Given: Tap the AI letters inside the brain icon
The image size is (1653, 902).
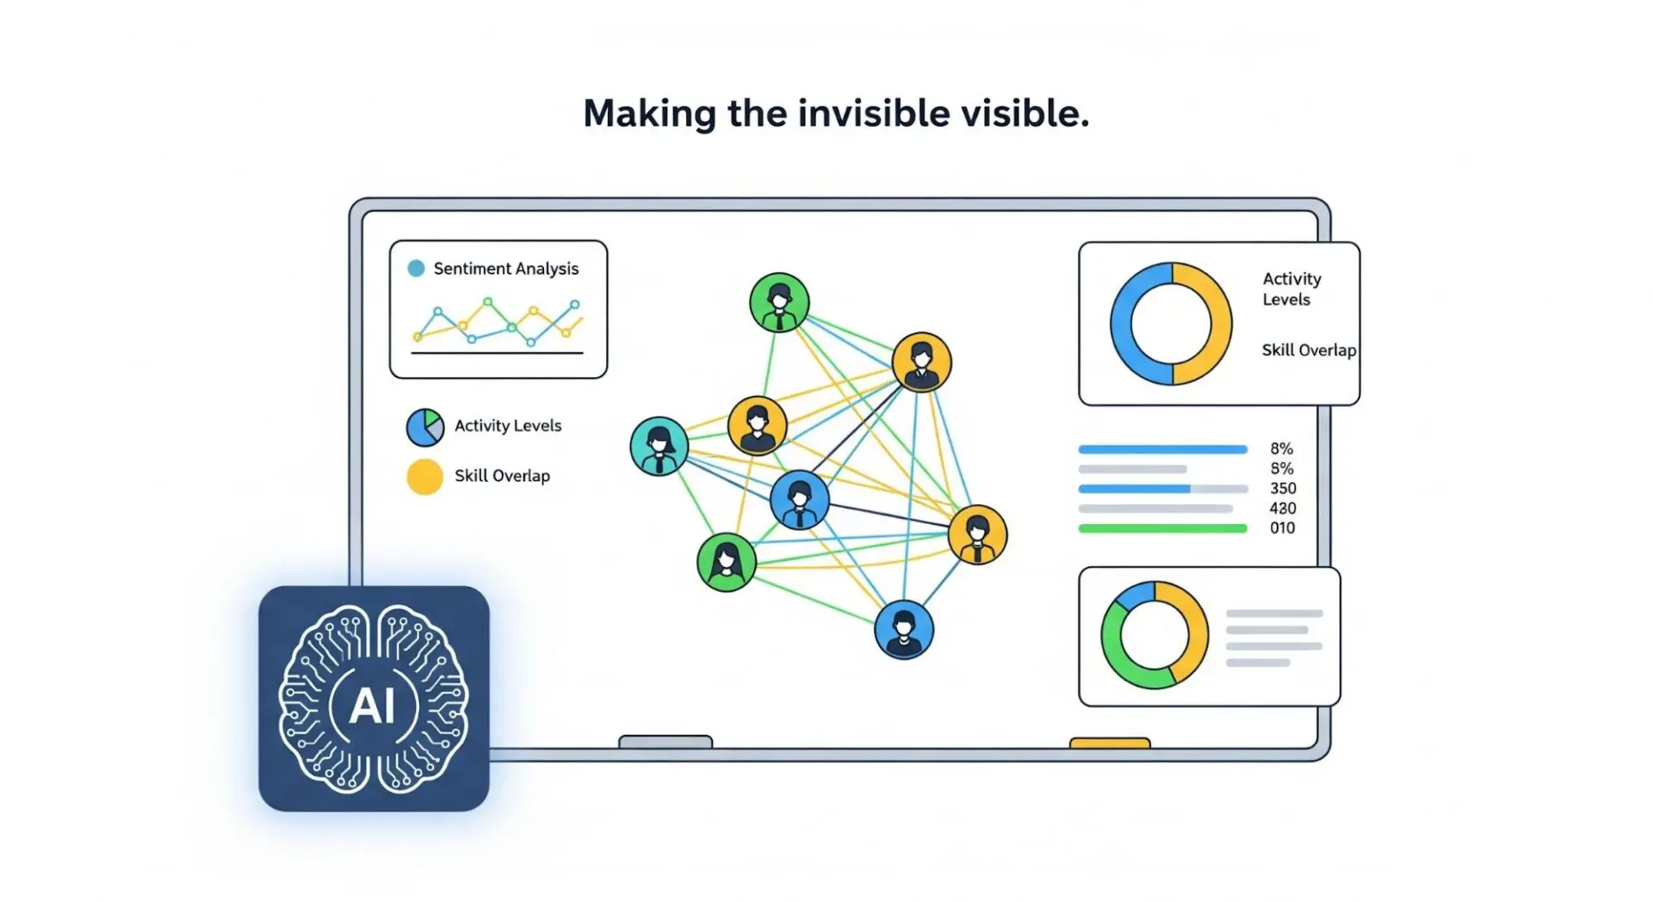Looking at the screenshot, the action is tap(373, 706).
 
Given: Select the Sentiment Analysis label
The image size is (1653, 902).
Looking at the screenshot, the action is tap(506, 269).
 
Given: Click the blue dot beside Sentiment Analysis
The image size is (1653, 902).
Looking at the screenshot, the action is tap(416, 269).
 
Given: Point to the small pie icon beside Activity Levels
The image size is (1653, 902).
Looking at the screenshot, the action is tap(425, 427).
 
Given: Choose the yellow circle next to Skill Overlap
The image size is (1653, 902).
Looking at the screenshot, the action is tap(424, 477).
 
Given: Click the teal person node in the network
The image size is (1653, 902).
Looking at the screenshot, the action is tap(659, 446).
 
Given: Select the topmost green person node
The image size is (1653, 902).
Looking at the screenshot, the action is tap(779, 302).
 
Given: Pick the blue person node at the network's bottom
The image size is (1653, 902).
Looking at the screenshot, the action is tap(904, 629).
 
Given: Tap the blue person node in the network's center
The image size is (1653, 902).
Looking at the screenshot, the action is tap(800, 499).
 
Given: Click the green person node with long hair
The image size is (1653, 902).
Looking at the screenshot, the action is tap(727, 562).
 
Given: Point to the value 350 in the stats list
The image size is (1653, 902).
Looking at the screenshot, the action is tap(1283, 488).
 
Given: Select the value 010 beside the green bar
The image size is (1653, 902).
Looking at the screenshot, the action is tap(1283, 528).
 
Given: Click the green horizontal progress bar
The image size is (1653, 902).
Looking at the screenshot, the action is tap(1163, 528).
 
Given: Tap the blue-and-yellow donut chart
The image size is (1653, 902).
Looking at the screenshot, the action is tap(1171, 324).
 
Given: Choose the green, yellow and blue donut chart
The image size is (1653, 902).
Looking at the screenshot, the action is tap(1155, 635).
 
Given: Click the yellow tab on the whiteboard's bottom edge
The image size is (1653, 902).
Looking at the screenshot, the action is tap(1110, 743).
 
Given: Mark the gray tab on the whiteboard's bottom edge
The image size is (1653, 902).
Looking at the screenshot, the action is tap(666, 742).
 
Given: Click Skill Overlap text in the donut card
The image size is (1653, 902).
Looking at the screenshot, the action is tap(1309, 350).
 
